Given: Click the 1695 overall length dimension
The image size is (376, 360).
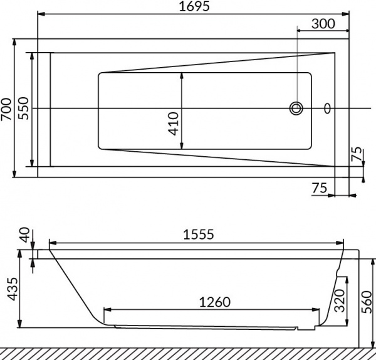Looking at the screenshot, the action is click(x=194, y=6).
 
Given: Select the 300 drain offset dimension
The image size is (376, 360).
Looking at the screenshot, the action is click(x=323, y=24).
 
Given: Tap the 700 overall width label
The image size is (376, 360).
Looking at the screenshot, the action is click(x=6, y=109).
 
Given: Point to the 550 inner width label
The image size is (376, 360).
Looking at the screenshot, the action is click(x=24, y=109).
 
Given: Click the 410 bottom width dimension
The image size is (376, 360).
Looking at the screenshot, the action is click(x=173, y=124).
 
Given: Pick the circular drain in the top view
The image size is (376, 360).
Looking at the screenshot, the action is click(x=296, y=109).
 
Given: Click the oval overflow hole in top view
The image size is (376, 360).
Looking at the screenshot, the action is click(x=327, y=109).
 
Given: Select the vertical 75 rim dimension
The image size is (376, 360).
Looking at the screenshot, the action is click(x=357, y=154).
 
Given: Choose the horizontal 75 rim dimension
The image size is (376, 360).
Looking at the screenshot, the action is click(x=320, y=188).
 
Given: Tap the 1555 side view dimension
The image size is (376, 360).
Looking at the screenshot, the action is click(x=198, y=234).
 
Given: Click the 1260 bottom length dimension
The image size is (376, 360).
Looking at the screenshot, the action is click(x=215, y=302).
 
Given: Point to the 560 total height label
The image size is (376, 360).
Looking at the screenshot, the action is click(x=367, y=302).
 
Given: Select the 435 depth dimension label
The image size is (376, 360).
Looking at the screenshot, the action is click(x=12, y=289).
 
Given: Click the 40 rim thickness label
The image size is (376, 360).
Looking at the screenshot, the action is click(x=24, y=235).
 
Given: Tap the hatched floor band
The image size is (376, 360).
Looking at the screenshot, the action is click(x=188, y=354).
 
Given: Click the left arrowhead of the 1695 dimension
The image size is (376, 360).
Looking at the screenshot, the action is click(x=41, y=14).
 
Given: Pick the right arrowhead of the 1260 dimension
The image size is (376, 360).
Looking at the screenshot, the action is click(x=316, y=310).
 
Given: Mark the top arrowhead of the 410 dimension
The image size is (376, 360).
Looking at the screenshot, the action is click(x=182, y=76).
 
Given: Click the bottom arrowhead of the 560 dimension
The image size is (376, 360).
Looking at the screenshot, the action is click(x=373, y=344).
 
